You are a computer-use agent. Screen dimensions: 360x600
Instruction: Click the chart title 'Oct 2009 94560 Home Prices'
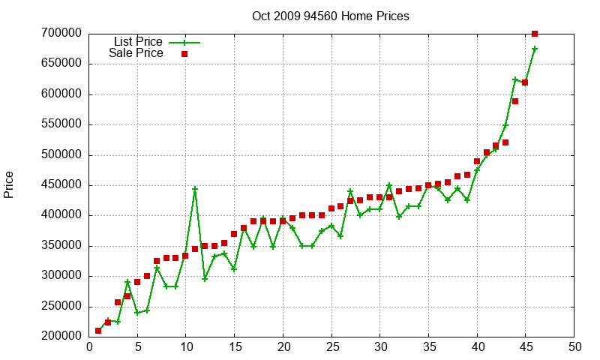pos(331,16)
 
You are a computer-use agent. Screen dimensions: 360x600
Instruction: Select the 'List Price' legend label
pos(138,42)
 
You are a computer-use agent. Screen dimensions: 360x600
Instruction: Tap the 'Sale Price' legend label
pos(136,53)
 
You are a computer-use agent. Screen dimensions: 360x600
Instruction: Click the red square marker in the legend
pos(184,54)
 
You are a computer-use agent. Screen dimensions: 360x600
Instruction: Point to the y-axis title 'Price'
pos(9,184)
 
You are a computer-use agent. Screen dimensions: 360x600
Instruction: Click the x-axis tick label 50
pos(574,347)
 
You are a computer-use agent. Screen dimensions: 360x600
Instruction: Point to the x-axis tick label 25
pos(331,347)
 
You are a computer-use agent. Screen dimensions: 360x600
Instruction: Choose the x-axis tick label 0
pos(89,347)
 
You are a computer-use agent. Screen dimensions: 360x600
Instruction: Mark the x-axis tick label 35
pos(428,347)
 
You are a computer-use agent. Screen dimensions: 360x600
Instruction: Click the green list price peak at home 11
pos(195,189)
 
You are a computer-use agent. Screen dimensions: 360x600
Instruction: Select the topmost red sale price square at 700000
pos(535,34)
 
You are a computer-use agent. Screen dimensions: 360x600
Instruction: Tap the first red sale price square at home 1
pos(98,331)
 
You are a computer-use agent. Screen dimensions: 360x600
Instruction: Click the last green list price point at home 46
pos(535,49)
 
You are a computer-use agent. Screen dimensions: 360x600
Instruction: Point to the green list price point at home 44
pos(515,79)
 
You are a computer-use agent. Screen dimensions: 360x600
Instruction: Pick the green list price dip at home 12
pos(205,279)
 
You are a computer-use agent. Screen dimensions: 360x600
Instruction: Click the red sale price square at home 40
pos(477,161)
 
